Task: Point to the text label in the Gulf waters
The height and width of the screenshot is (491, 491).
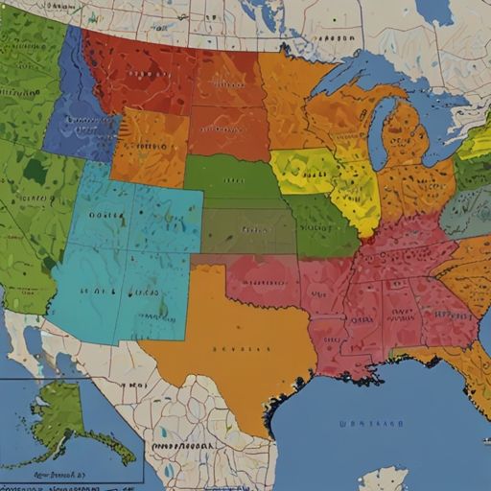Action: coord(371,422)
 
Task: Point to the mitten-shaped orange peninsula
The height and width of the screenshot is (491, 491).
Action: coord(408,139)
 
